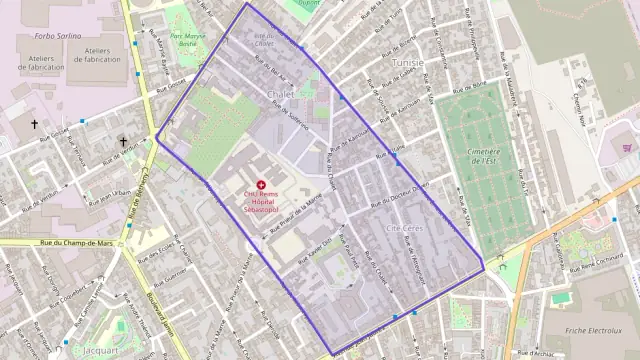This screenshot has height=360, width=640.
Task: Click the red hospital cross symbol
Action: (x=262, y=186)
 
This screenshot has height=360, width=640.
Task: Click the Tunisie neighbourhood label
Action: (x=407, y=62)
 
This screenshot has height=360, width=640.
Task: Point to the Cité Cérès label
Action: (x=404, y=229)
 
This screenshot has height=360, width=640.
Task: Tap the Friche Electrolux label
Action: (x=594, y=329)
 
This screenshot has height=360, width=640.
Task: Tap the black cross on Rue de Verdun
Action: (x=123, y=142)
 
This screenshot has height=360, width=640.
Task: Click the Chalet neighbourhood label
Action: (x=279, y=94)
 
